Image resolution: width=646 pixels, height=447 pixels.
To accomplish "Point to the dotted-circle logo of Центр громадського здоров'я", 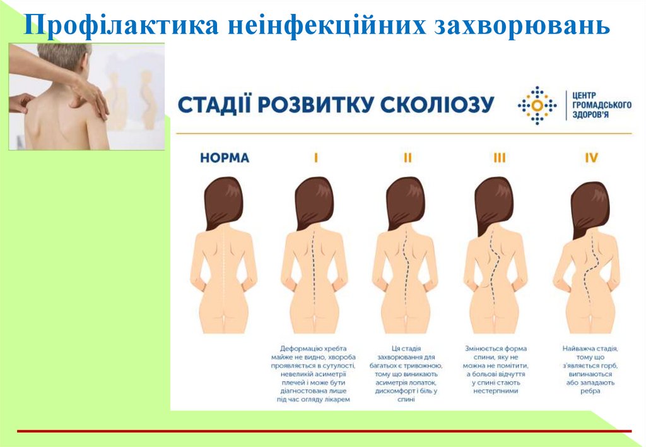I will tap(537, 105).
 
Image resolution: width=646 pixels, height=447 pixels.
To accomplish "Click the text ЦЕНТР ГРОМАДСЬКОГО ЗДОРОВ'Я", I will tap(599, 105).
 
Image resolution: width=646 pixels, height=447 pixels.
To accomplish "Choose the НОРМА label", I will tap(225, 158).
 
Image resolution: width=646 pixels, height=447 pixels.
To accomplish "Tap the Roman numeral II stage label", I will tap(407, 158).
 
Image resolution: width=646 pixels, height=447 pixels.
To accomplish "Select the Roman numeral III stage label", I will tap(499, 158).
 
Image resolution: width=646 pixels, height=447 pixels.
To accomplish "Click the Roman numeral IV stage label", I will tap(590, 158).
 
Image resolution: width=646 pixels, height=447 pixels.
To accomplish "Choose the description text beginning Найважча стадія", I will tap(590, 369).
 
